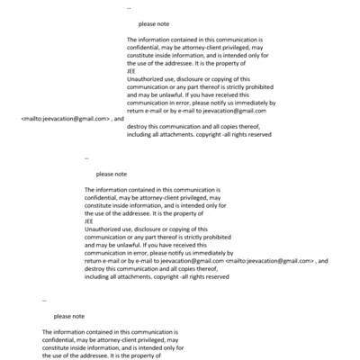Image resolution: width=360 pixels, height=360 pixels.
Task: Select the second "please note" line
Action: coord(111,174)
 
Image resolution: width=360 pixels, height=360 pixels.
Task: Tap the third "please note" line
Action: coord(69,317)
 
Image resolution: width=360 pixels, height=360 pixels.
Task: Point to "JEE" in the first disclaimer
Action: coord(131,73)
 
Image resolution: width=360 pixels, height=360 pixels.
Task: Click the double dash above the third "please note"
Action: coord(44,299)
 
